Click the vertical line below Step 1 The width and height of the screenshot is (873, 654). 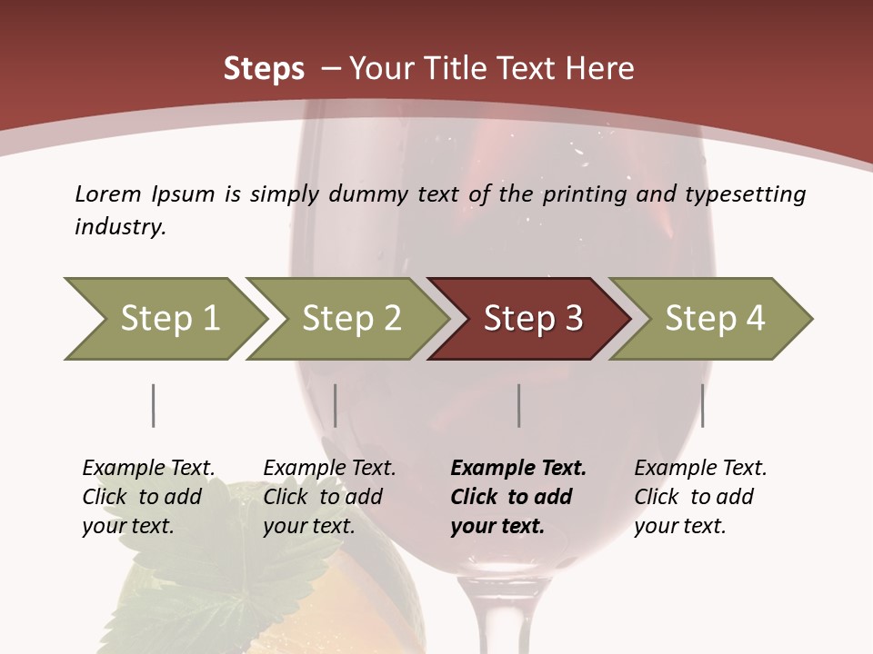point(153,405)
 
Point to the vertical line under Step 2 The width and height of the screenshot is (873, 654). point(336,405)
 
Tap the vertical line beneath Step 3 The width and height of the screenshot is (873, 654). point(518,405)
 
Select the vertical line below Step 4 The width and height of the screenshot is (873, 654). point(702,405)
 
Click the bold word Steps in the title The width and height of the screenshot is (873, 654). point(264,69)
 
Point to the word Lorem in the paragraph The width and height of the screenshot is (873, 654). point(107,193)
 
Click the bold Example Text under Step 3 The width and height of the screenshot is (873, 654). point(518,469)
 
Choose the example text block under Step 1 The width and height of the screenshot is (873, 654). point(148,497)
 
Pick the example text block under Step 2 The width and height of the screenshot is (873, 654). point(329,497)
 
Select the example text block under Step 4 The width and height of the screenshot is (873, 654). point(700,497)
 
